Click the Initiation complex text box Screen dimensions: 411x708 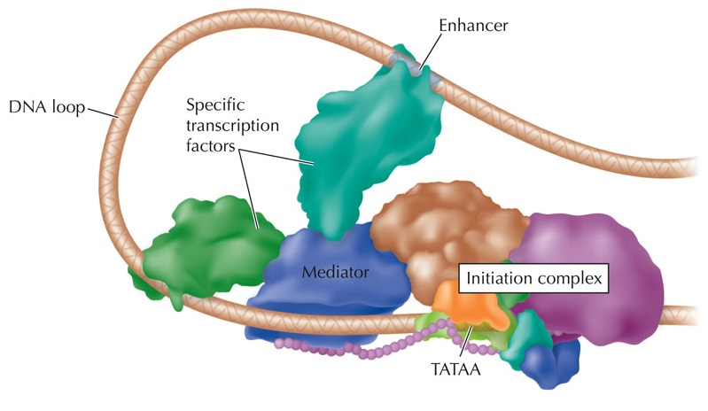click(x=535, y=279)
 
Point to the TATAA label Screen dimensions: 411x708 click(x=456, y=373)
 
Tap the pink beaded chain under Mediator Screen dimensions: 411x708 click(x=354, y=345)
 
